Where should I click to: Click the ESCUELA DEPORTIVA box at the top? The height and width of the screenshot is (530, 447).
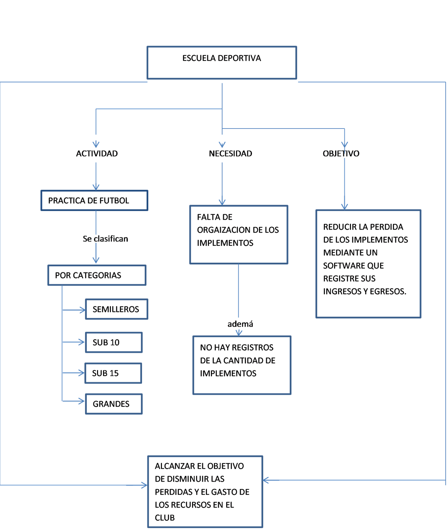[222, 63]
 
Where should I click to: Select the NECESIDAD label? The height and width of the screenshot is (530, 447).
[230, 153]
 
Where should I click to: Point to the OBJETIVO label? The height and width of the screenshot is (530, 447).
[341, 153]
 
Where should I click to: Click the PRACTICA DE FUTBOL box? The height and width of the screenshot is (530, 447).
[94, 200]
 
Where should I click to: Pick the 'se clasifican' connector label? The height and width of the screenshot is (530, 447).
[106, 239]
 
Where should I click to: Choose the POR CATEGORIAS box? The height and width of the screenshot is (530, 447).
[97, 275]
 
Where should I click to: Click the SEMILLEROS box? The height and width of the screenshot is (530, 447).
[116, 309]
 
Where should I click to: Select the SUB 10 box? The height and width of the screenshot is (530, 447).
[114, 342]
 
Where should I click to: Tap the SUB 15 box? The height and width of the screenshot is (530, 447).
[113, 373]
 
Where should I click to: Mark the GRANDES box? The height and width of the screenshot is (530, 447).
[114, 404]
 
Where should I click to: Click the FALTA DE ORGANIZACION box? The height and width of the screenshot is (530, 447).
[238, 234]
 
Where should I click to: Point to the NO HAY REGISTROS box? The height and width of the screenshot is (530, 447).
[242, 365]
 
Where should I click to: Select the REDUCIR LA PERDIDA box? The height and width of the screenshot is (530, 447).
[368, 263]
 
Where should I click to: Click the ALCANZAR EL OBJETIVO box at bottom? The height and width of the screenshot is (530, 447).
[205, 492]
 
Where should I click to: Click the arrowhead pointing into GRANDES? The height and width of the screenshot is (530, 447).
[82, 401]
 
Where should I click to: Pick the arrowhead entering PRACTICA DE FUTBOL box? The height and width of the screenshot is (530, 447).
[96, 187]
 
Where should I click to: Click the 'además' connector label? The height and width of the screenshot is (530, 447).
[241, 324]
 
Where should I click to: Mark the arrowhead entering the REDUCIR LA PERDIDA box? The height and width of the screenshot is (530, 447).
[345, 206]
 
